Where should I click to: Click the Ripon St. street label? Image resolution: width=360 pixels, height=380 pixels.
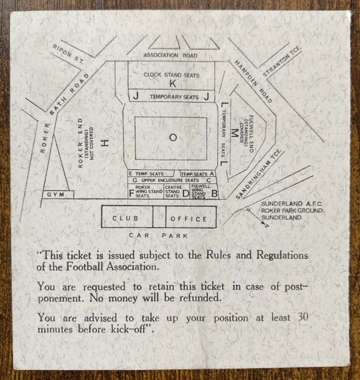(x=68, y=54)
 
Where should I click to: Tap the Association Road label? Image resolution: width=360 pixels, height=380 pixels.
(x=170, y=55)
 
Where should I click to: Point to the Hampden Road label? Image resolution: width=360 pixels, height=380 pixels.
(x=254, y=82)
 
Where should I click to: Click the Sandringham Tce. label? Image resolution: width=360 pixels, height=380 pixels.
(x=259, y=175)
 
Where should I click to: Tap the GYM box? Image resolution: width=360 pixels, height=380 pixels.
(x=58, y=194)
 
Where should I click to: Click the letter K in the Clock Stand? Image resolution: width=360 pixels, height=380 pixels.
(x=172, y=84)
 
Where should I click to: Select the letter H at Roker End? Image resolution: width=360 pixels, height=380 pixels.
(x=105, y=142)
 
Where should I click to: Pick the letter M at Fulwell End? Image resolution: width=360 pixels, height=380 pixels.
(x=234, y=133)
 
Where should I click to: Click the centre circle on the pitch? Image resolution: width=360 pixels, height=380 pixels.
(x=173, y=137)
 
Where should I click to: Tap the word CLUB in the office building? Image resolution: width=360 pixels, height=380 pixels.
(x=125, y=218)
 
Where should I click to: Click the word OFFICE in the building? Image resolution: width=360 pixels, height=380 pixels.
(x=189, y=219)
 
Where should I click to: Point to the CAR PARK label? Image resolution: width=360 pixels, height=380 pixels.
(x=158, y=236)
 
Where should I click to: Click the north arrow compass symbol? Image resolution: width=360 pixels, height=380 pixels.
(x=258, y=218)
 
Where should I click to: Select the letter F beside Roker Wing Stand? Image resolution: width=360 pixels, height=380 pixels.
(x=132, y=194)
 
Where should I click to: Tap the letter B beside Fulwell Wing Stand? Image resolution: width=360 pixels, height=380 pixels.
(x=214, y=194)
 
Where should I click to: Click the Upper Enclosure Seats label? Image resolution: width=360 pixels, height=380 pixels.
(x=170, y=180)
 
